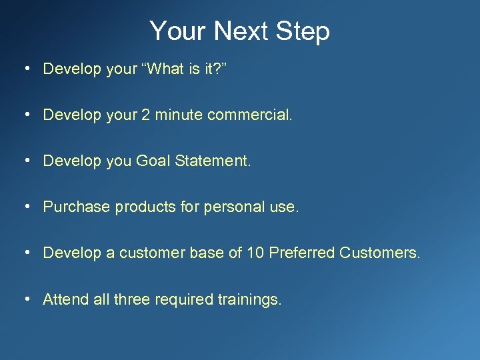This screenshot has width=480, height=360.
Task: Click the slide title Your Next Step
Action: click(239, 31)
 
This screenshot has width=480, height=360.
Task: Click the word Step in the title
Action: click(304, 31)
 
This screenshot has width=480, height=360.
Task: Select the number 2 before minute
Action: click(145, 115)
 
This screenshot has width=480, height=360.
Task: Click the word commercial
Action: click(249, 115)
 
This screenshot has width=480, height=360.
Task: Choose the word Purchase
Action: click(77, 207)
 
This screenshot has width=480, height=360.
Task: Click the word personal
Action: click(230, 207)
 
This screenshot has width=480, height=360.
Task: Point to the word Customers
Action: click(380, 253)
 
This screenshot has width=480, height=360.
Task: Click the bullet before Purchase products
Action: click(25, 207)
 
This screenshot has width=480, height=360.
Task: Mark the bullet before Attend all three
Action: click(25, 299)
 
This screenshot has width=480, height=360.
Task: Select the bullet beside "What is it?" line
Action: click(25, 69)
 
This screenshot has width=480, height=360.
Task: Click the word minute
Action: click(179, 115)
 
